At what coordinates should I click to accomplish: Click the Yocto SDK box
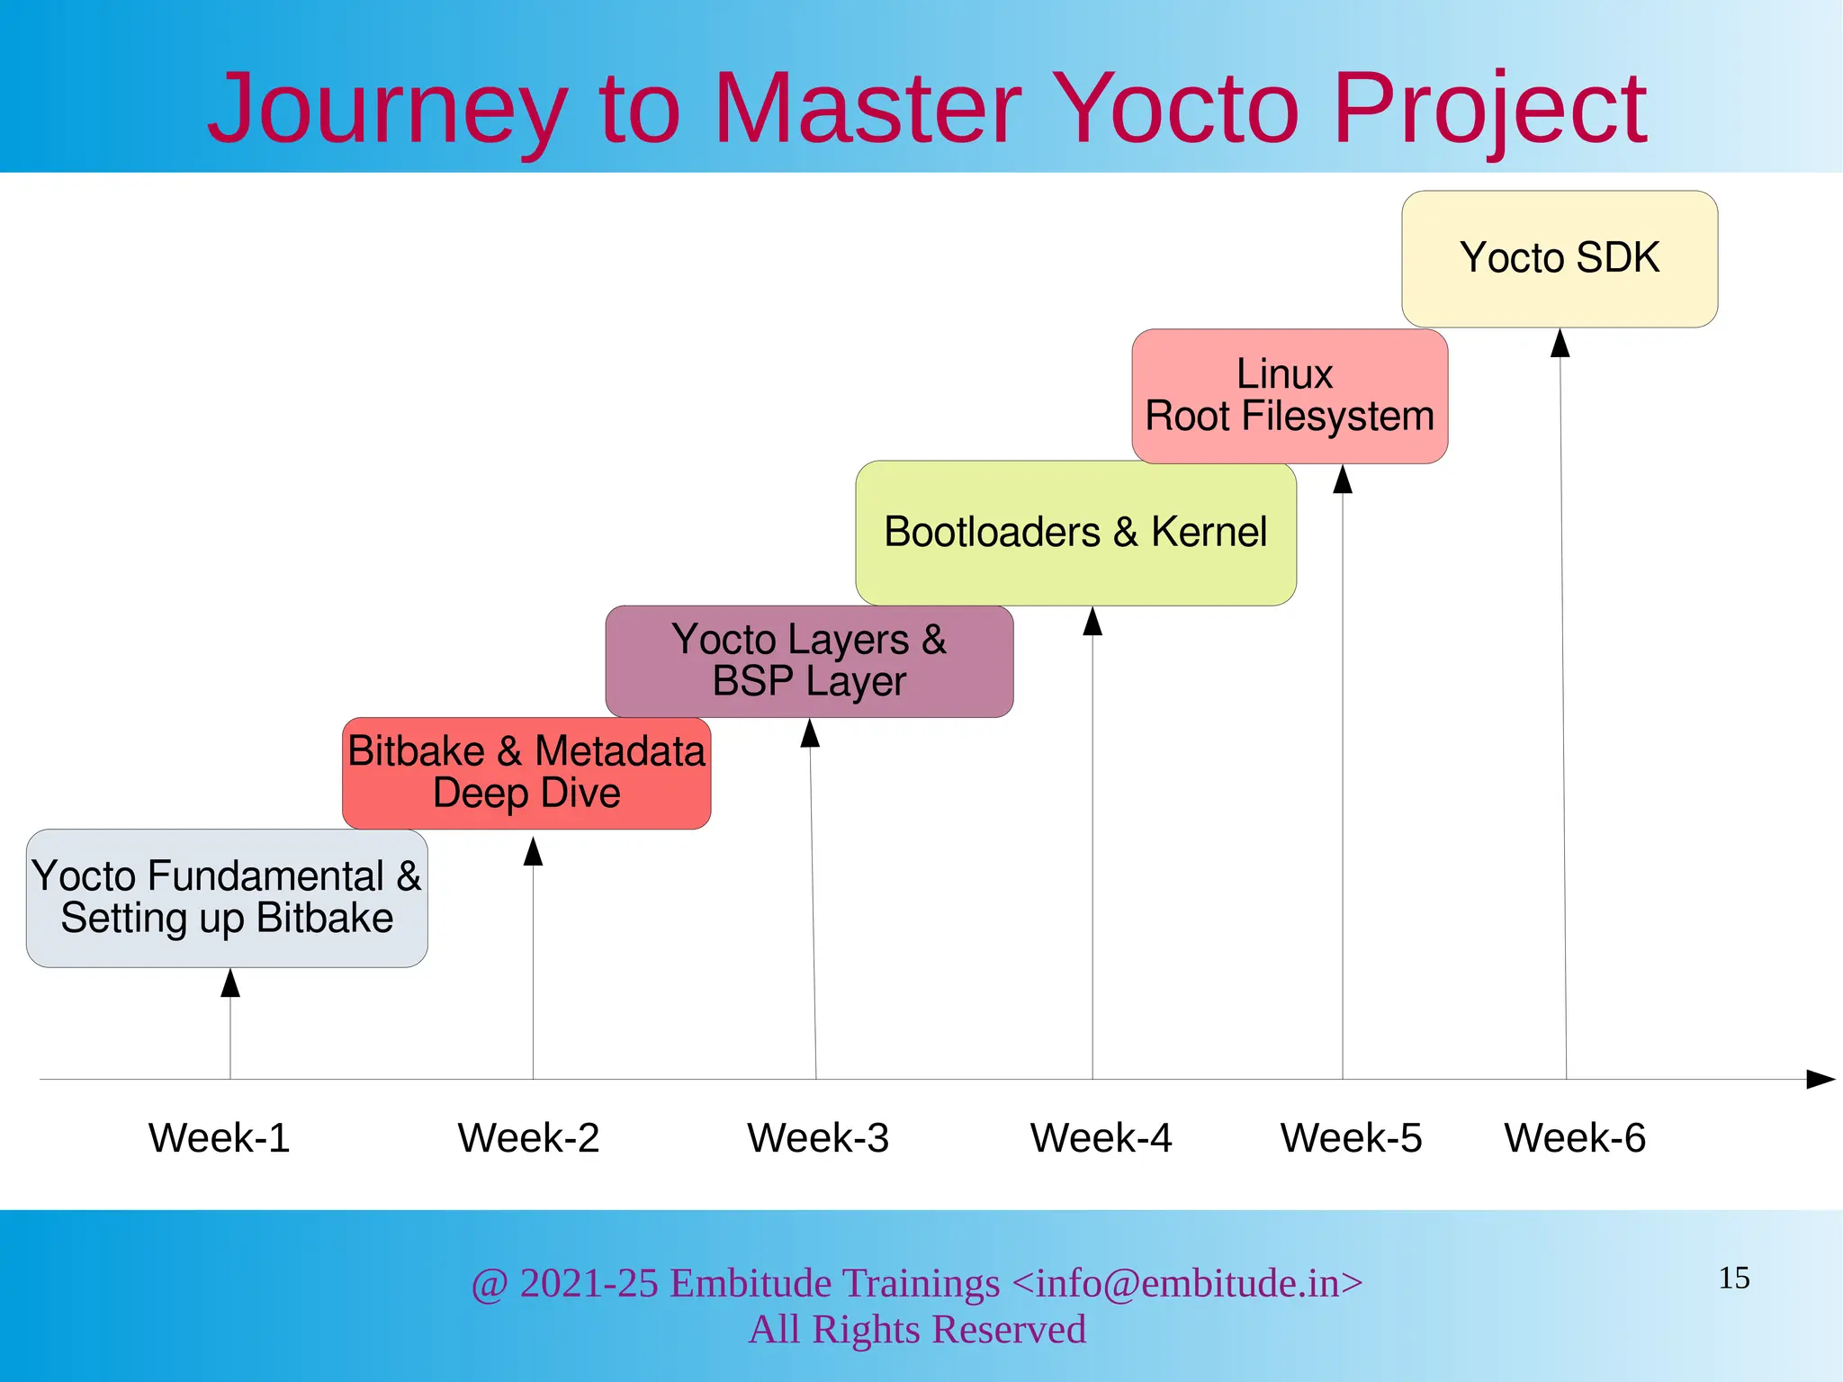(x=1560, y=258)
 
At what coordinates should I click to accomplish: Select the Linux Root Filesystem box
(x=1290, y=396)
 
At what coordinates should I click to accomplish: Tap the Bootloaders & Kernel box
(x=1075, y=533)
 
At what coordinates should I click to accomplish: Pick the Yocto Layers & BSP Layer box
(x=809, y=660)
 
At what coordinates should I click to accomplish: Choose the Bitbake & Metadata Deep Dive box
(x=526, y=773)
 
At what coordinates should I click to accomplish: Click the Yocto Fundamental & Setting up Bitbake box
(x=227, y=898)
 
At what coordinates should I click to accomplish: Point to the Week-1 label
(x=219, y=1138)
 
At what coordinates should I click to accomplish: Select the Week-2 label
(x=528, y=1138)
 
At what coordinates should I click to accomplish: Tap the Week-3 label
(x=818, y=1138)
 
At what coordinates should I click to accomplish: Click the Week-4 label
(x=1101, y=1138)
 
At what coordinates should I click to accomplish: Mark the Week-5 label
(x=1351, y=1138)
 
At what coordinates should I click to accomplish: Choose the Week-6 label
(x=1575, y=1138)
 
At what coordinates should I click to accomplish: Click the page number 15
(x=1734, y=1279)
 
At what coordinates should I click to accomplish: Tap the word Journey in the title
(x=387, y=110)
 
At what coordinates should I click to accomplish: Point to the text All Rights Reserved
(x=917, y=1330)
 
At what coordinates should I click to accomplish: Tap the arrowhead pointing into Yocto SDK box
(x=1560, y=344)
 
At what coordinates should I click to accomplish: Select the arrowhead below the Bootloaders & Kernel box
(x=1092, y=621)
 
